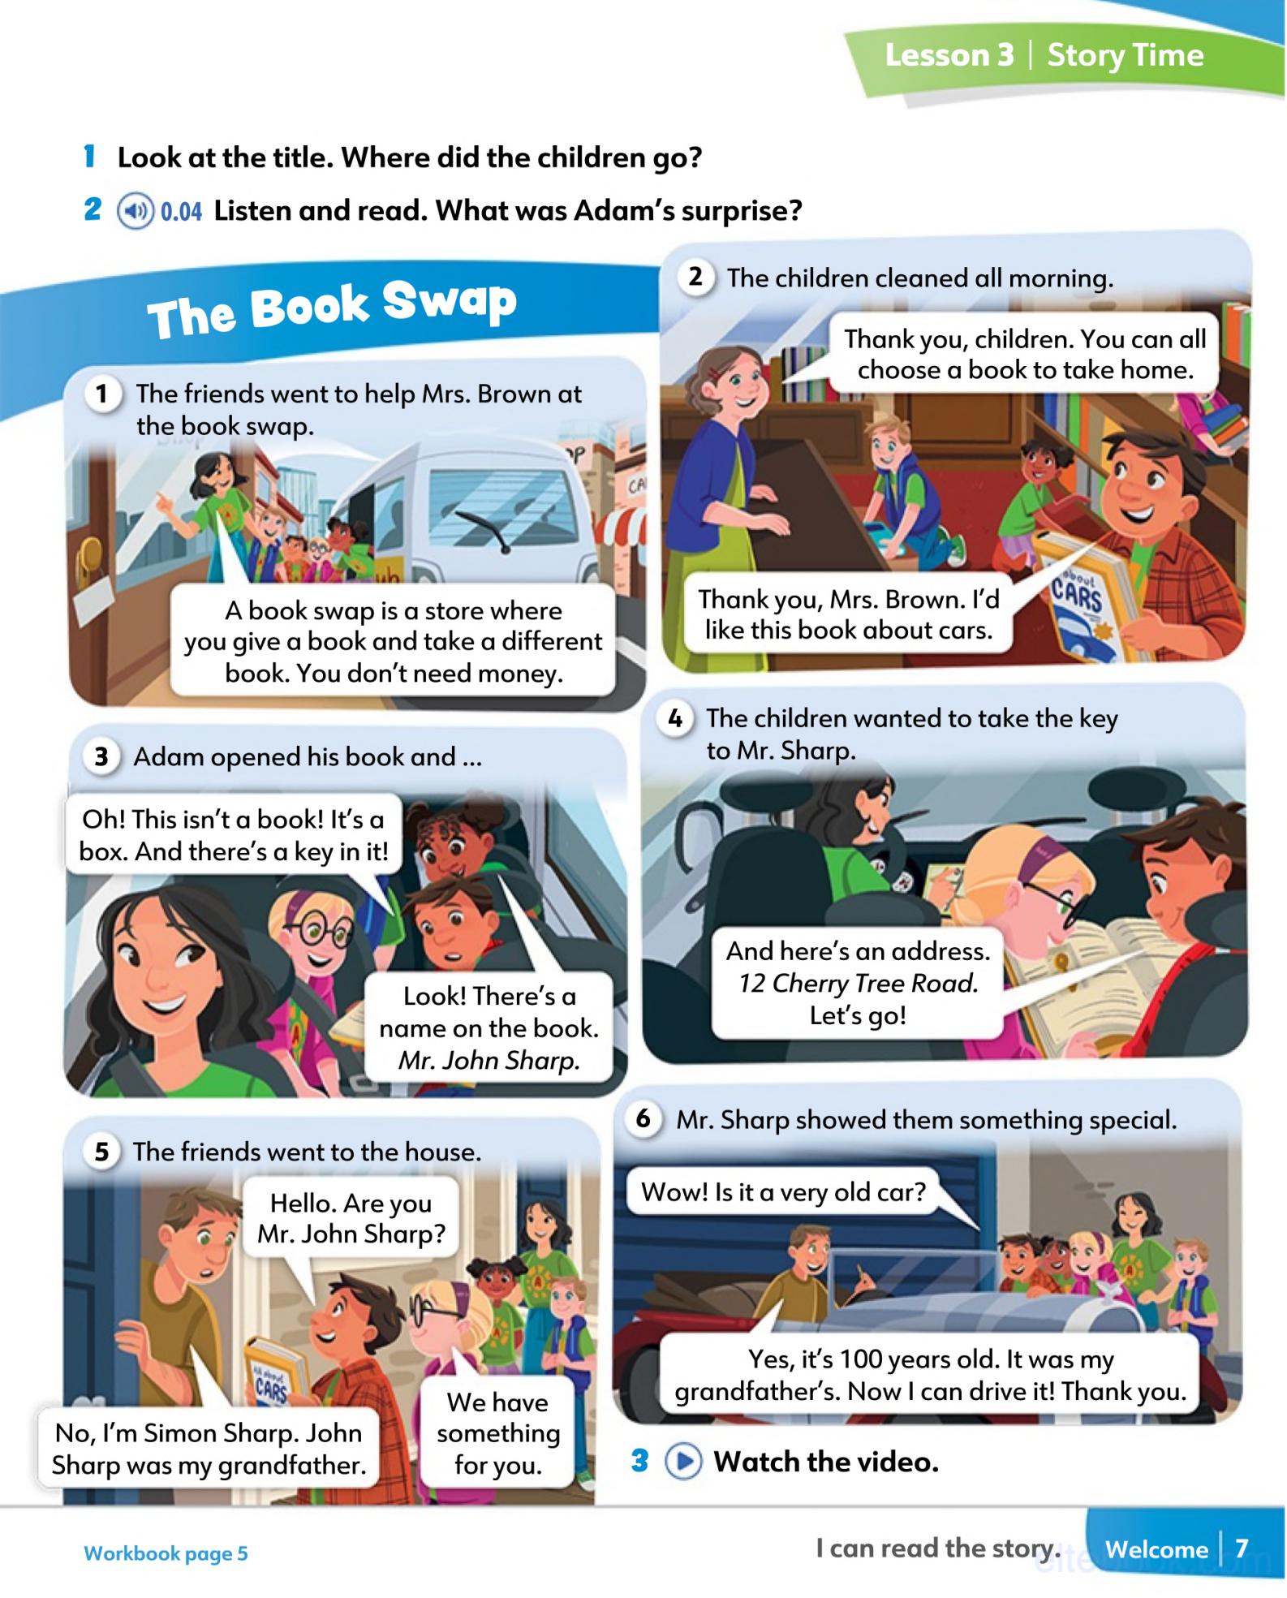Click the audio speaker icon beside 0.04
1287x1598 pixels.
click(135, 212)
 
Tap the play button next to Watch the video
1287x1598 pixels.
click(683, 1462)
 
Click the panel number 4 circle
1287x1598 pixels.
click(675, 719)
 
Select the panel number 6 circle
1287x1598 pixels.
click(643, 1119)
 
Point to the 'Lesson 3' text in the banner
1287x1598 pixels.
click(949, 55)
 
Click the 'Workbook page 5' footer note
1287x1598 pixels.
click(166, 1553)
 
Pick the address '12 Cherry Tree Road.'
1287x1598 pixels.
click(858, 984)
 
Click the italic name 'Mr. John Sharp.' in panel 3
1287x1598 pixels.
click(489, 1061)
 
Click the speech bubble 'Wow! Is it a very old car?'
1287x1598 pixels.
click(783, 1192)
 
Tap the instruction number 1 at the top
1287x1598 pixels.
click(90, 157)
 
